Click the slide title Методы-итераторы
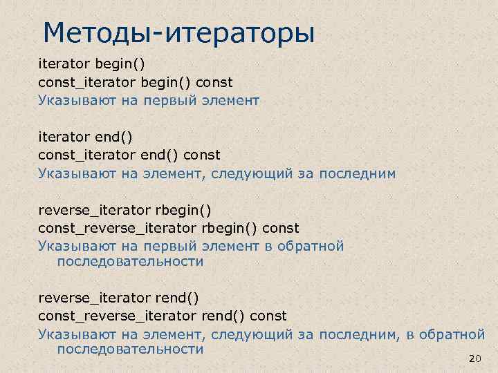178,32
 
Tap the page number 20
474,359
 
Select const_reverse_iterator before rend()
118,316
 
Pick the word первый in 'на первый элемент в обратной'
170,246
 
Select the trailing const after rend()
268,316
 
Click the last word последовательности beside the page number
130,349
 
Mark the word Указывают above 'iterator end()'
70,101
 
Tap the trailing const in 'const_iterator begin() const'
214,83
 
